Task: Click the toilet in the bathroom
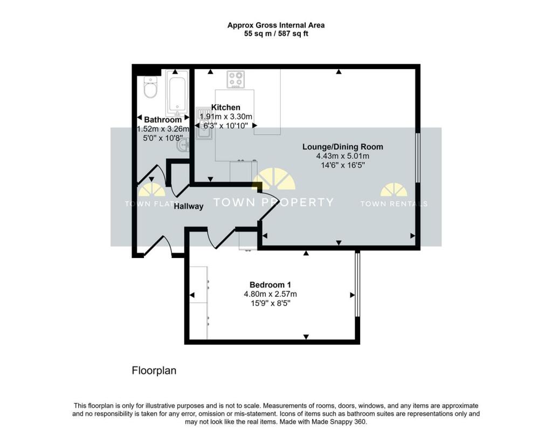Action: pos(150,87)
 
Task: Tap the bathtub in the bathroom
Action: pos(177,93)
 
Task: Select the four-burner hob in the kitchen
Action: pos(236,80)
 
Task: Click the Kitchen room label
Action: pos(225,107)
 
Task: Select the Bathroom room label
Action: pos(163,119)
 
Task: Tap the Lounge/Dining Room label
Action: pos(342,147)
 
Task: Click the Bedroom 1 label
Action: pos(270,285)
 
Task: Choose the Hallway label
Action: pos(188,206)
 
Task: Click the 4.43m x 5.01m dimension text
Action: pos(342,156)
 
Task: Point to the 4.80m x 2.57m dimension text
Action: pos(270,295)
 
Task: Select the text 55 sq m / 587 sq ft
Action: pos(275,33)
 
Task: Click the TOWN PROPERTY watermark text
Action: pos(273,202)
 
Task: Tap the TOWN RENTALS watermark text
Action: pos(394,204)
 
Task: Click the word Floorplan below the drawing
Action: pos(154,371)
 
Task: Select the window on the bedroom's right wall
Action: pos(357,285)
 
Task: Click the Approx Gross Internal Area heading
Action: pos(275,25)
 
